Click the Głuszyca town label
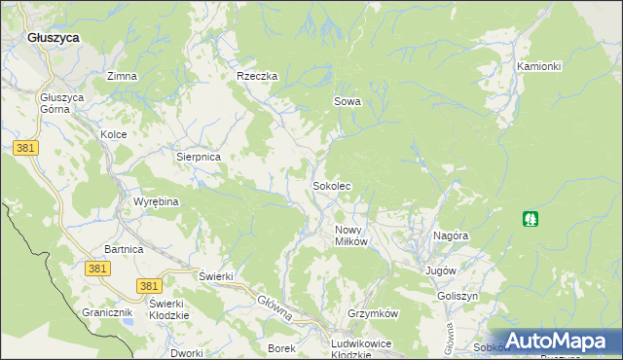click(x=53, y=37)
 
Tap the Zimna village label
click(x=122, y=76)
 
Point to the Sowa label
click(x=348, y=100)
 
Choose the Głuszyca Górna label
click(x=62, y=104)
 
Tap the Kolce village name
click(x=114, y=134)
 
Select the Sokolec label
click(x=331, y=185)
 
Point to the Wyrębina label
click(x=156, y=201)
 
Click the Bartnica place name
click(x=124, y=249)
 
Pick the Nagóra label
click(x=452, y=235)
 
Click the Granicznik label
click(x=106, y=313)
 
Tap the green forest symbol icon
click(x=531, y=218)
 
